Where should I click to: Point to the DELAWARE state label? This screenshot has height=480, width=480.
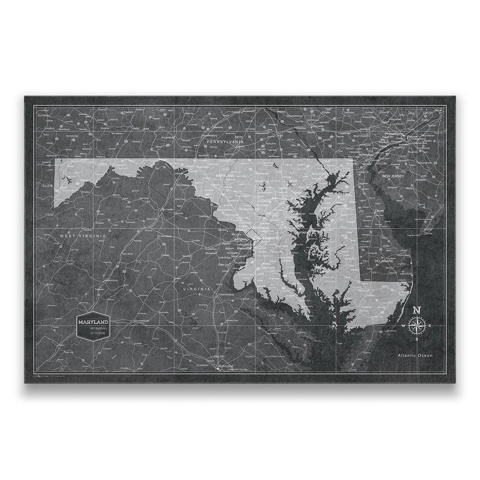click(x=384, y=261)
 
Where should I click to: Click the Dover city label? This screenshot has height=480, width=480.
click(x=380, y=210)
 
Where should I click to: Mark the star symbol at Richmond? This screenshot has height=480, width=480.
click(x=217, y=369)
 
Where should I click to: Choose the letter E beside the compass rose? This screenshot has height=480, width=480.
click(x=429, y=326)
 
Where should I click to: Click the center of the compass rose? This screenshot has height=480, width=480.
click(x=416, y=325)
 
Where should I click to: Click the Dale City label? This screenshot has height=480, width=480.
click(x=224, y=264)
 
